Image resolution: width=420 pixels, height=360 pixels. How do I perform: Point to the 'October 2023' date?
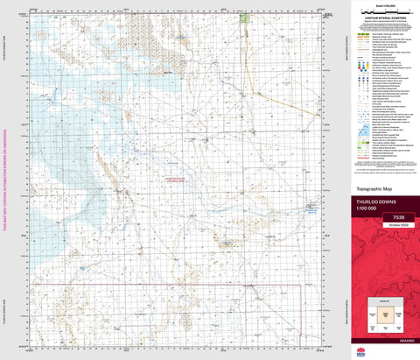coord(383,224)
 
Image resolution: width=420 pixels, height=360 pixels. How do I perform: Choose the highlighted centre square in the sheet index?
coord(383,320)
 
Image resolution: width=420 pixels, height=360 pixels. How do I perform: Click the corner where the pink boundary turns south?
coord(302,286)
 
